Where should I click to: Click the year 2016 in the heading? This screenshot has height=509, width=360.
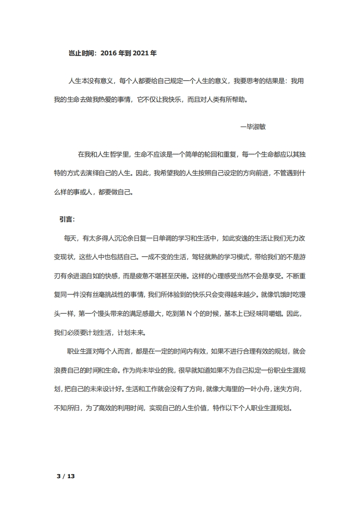pos(108,53)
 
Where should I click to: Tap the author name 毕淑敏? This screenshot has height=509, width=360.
pos(256,127)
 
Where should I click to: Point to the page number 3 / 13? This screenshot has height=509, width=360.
pos(65,476)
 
